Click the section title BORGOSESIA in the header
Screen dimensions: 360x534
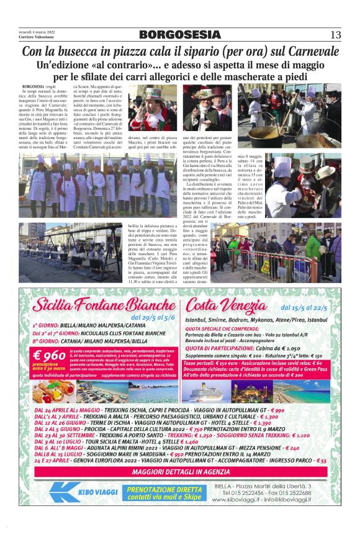point(179,34)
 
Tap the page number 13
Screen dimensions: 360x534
point(335,34)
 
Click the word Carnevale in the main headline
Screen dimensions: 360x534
point(307,52)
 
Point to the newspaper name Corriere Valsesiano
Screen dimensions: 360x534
point(37,37)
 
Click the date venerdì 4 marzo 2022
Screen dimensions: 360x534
point(37,32)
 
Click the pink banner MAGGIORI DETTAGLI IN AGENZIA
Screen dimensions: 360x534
point(179,471)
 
